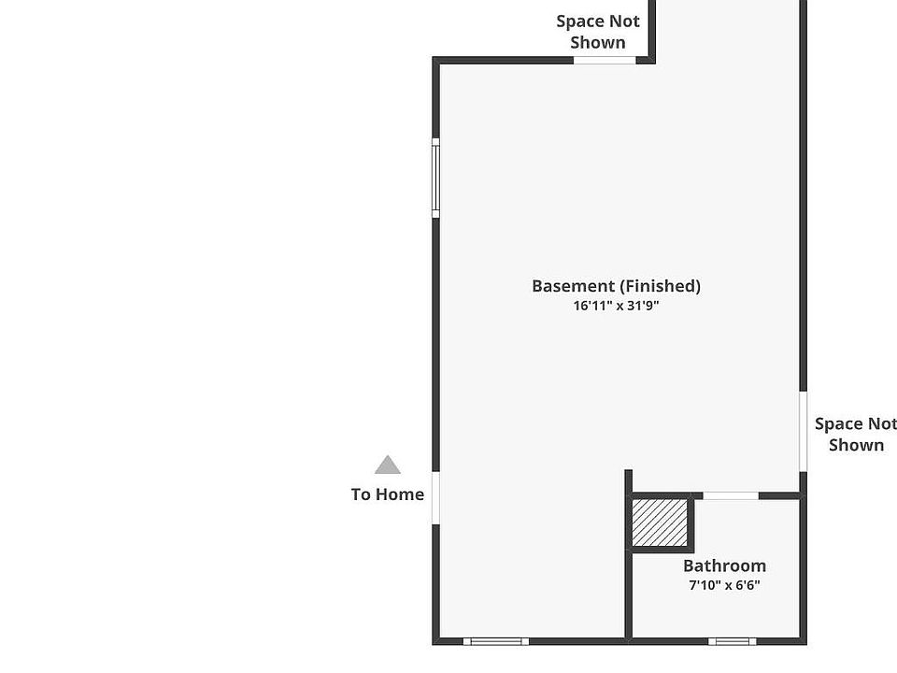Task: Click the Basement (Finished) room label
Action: click(x=616, y=286)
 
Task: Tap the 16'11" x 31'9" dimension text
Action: click(x=616, y=306)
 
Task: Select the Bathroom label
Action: click(x=724, y=566)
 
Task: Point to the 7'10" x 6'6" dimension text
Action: click(x=724, y=586)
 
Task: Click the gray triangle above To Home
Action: click(x=388, y=465)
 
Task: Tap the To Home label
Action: click(x=387, y=494)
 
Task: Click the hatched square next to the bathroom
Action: click(x=660, y=523)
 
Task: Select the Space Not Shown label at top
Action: click(x=598, y=32)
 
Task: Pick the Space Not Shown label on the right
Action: click(x=855, y=435)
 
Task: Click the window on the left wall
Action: click(x=435, y=178)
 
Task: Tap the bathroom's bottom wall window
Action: click(x=732, y=641)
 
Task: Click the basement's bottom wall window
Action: click(x=496, y=641)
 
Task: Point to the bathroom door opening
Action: click(x=730, y=495)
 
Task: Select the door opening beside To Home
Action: click(x=435, y=497)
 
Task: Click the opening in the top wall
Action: click(x=605, y=60)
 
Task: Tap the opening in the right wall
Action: click(x=803, y=431)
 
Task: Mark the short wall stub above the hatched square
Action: click(x=628, y=481)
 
